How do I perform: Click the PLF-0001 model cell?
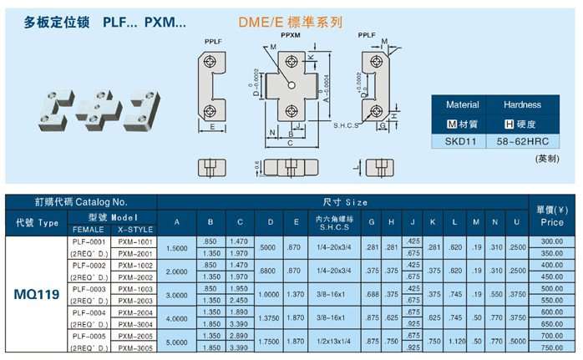pyautogui.click(x=89, y=241)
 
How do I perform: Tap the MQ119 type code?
pyautogui.click(x=36, y=294)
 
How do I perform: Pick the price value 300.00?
pyautogui.click(x=551, y=241)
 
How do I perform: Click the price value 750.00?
pyautogui.click(x=551, y=347)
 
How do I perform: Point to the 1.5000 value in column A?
pyautogui.click(x=177, y=247)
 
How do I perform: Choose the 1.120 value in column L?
pyautogui.click(x=455, y=342)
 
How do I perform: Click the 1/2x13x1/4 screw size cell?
pyautogui.click(x=337, y=342)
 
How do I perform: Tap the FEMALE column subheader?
pyautogui.click(x=89, y=229)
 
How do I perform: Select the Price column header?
pyautogui.click(x=551, y=217)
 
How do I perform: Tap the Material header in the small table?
pyautogui.click(x=462, y=105)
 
